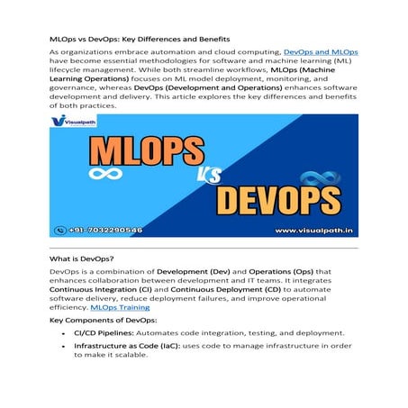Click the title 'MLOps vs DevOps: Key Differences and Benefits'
click(x=140, y=40)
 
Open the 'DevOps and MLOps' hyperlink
click(x=321, y=54)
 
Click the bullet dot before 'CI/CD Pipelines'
click(x=62, y=333)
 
